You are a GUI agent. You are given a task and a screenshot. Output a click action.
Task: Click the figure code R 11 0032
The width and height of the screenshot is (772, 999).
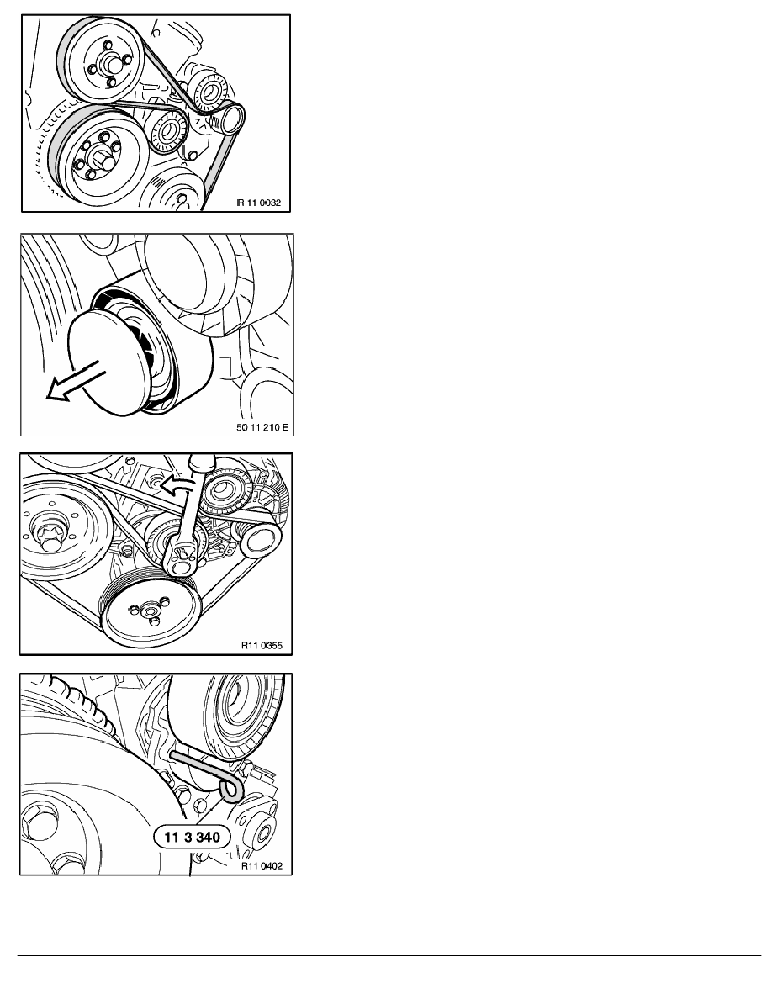pos(259,203)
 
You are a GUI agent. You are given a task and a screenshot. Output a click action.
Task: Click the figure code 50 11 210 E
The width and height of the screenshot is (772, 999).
pos(262,427)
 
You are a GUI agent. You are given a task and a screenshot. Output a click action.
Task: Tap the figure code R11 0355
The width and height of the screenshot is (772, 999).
pos(262,646)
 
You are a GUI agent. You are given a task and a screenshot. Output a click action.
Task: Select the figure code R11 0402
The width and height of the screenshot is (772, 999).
pos(262,866)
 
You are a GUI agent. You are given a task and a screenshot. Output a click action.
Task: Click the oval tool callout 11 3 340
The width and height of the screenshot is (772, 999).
pos(192,838)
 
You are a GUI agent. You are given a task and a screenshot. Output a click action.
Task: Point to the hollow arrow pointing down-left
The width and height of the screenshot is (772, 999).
pos(73,381)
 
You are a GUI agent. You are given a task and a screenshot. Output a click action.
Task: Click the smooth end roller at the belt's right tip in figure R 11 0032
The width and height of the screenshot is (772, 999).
pos(230,119)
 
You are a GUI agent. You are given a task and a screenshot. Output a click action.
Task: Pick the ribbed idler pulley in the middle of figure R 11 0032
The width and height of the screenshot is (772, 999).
pos(169,132)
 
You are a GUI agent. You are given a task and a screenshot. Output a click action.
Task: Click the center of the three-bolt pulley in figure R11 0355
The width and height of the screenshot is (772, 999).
pos(152,611)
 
